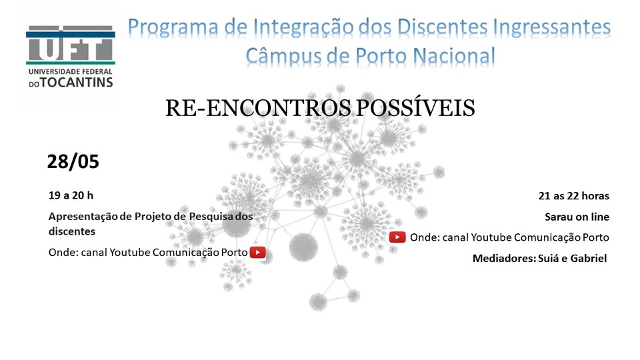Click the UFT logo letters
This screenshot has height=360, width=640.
(x=70, y=44)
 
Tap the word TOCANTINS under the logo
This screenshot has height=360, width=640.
(x=76, y=83)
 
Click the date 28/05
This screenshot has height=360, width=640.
(x=73, y=161)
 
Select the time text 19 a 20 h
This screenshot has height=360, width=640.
(x=71, y=195)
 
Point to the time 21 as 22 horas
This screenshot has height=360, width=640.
(x=574, y=196)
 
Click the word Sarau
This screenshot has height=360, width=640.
(x=559, y=217)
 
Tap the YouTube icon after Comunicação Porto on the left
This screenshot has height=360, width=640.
(x=257, y=252)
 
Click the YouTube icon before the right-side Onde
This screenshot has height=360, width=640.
(x=397, y=237)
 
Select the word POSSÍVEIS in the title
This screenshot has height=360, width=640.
(x=415, y=108)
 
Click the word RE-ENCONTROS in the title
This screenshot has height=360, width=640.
(x=258, y=109)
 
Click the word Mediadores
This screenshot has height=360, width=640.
(x=504, y=259)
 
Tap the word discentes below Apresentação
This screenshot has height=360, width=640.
(x=72, y=231)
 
